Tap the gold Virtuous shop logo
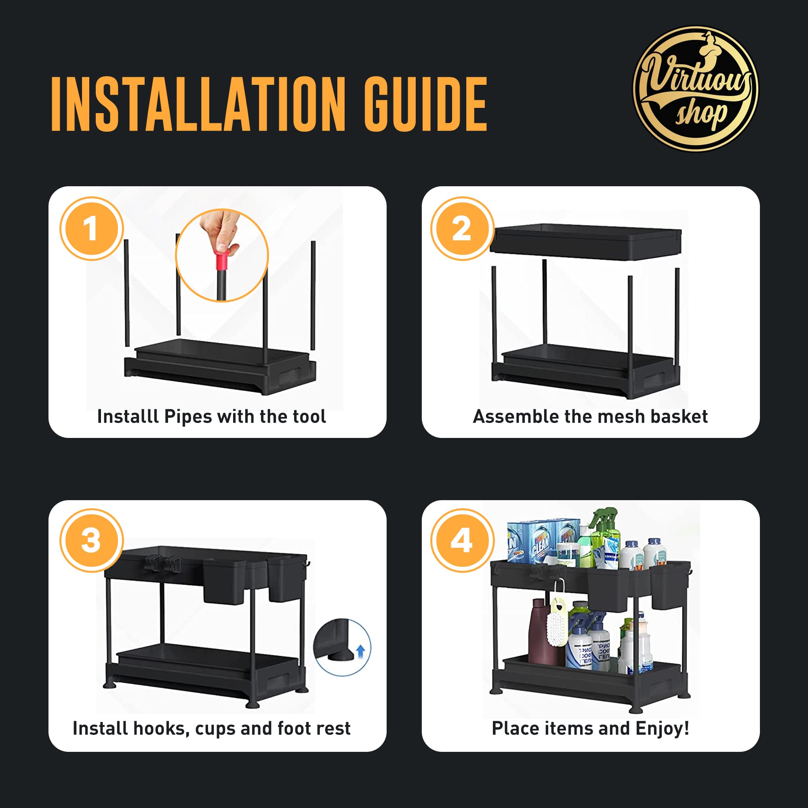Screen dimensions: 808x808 pos(696,88)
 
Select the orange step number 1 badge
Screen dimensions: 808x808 pos(92,229)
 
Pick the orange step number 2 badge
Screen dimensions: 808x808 pos(463,229)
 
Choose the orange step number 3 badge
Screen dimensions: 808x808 pos(92,540)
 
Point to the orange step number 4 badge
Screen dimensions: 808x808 pos(463,540)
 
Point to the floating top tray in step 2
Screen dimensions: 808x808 pos(585,242)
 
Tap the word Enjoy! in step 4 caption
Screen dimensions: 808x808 pos(663,728)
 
